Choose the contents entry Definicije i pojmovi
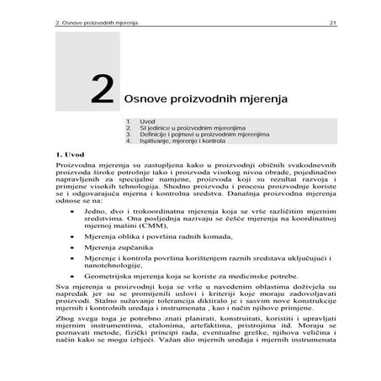click(193, 135)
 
